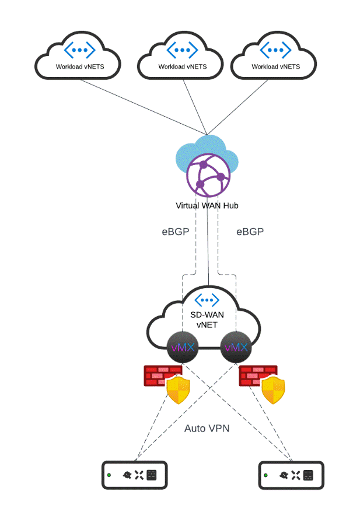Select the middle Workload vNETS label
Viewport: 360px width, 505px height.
[182, 66]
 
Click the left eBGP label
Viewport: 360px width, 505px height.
[176, 232]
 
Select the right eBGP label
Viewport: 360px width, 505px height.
[250, 232]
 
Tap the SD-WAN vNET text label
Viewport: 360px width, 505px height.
[207, 319]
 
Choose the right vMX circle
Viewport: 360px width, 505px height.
[236, 348]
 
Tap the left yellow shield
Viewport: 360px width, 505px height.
[179, 390]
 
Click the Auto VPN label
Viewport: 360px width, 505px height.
[207, 429]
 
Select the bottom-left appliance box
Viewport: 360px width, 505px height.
[134, 475]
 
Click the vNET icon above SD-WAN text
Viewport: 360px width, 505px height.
[207, 299]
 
